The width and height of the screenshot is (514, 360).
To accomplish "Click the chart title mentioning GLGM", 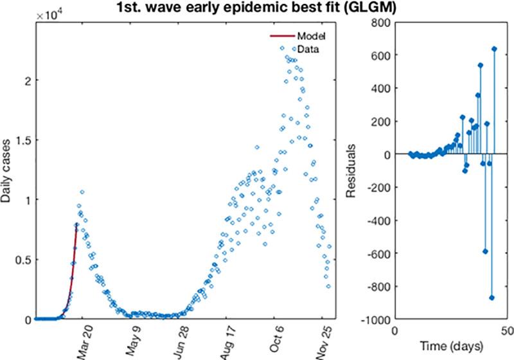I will (x=256, y=8).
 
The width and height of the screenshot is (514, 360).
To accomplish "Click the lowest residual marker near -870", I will (x=492, y=298).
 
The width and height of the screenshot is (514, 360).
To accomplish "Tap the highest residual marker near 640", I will (x=494, y=49).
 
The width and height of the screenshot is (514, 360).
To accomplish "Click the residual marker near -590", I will (x=485, y=251).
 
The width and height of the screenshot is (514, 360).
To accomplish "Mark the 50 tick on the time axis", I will (x=506, y=330).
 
